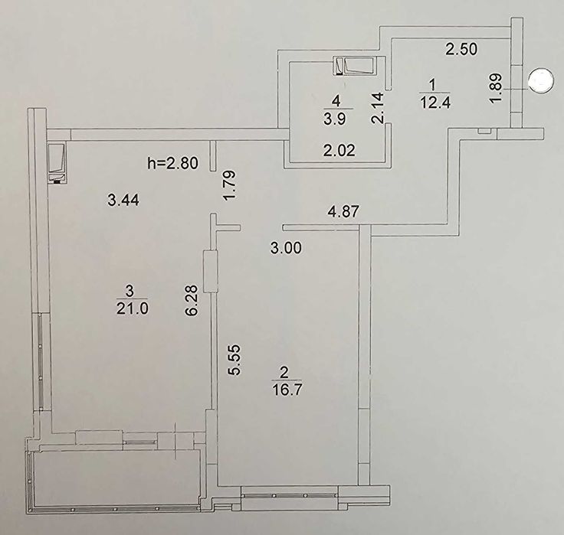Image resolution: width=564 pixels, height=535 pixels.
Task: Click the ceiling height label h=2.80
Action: [x=172, y=164]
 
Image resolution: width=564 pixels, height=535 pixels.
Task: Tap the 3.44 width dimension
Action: [x=123, y=200]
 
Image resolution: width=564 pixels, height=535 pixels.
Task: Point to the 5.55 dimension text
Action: [x=234, y=360]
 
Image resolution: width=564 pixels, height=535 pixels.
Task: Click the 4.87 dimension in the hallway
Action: [x=343, y=211]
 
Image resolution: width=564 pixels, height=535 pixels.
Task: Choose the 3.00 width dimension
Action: [x=286, y=248]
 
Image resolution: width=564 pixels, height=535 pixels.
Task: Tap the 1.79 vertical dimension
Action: [x=229, y=186]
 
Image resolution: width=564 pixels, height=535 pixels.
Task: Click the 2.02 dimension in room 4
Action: [x=339, y=150]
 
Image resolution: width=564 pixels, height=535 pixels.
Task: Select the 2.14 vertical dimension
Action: [x=378, y=108]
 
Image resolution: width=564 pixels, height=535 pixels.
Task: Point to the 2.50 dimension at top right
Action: [x=461, y=49]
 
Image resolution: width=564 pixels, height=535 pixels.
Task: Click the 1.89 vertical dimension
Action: [x=496, y=89]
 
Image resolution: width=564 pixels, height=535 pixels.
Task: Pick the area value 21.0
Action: [x=132, y=308]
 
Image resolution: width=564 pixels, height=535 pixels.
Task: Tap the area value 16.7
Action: [x=287, y=390]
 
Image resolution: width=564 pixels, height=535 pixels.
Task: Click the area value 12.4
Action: [x=435, y=103]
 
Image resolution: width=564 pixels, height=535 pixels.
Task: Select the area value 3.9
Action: [x=335, y=119]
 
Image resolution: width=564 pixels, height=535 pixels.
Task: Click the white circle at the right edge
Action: [x=539, y=81]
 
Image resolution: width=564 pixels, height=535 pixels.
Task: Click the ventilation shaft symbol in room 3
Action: [x=57, y=164]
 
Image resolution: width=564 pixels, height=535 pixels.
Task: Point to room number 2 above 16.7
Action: [x=284, y=373]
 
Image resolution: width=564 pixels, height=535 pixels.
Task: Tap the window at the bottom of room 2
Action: [x=290, y=495]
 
